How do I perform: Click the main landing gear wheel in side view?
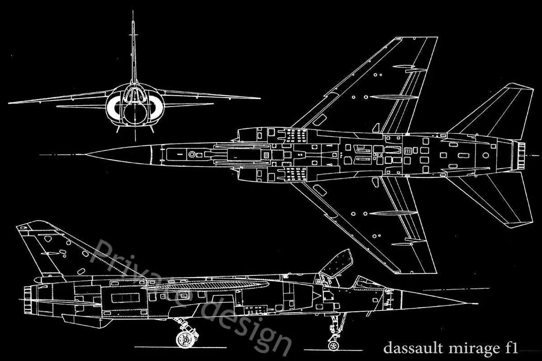pos(184,339)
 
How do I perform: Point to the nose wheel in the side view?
pos(333,344)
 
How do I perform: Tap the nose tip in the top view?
pos(88,155)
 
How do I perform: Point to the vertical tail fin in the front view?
pos(133,50)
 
